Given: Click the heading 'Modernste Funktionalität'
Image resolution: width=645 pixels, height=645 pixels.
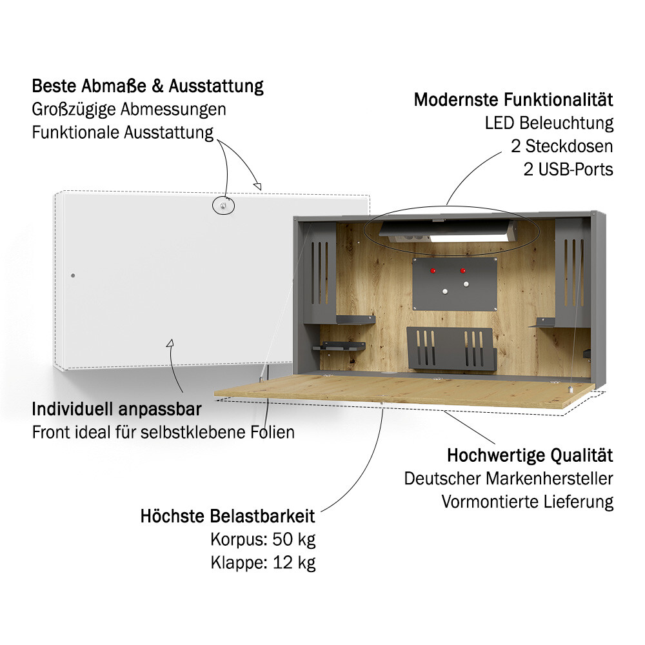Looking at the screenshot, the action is coord(513,100).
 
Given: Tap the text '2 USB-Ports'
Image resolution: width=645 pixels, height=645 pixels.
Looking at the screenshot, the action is coord(568,170).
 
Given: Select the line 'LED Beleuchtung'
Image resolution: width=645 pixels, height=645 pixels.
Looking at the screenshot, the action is coord(549,123).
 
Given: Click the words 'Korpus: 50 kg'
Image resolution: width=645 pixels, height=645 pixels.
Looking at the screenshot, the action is coord(263,540).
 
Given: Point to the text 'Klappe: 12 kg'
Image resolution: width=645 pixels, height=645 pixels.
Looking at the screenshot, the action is coord(263,562).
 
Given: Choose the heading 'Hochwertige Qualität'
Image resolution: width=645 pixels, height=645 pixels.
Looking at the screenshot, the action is coord(530,455).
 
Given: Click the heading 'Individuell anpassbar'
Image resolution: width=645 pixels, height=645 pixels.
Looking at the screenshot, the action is coord(117,410).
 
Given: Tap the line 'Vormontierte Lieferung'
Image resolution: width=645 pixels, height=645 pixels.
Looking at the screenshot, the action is coord(528,502).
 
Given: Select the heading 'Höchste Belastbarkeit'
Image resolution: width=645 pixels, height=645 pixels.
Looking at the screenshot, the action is coord(228,516).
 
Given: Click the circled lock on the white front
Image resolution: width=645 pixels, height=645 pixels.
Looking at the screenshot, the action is coord(223,206).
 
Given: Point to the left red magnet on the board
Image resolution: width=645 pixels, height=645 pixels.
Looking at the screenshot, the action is coord(433,271).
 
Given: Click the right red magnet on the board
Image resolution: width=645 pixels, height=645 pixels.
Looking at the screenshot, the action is coord(462,271).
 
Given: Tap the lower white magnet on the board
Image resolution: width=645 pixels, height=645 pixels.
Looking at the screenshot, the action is coord(444,292).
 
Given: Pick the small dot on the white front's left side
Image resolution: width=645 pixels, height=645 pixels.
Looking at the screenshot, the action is coord(73,275).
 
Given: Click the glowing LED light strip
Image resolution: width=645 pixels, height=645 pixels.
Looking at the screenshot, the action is coord(468,238).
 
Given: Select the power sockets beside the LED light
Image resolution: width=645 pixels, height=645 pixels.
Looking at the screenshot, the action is coord(410,237).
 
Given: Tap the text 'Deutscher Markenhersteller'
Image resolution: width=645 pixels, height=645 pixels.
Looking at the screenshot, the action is coord(508,479).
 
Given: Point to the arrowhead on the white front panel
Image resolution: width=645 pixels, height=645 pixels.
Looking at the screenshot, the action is coord(170,342).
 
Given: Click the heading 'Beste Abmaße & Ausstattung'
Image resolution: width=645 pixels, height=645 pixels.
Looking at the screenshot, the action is coord(148,86).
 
